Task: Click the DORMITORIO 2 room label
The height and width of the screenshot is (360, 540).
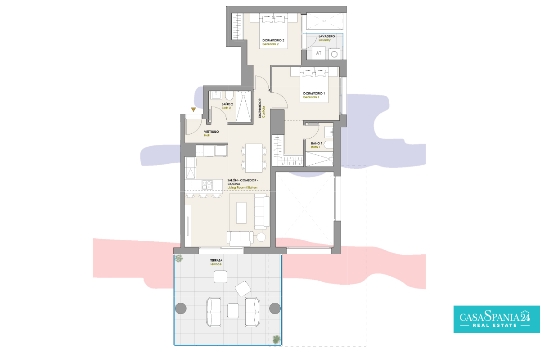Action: (273, 40)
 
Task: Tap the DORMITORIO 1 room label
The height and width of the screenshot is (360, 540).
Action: (314, 93)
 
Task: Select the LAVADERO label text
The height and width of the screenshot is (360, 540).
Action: (327, 36)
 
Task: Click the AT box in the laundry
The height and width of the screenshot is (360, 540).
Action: (319, 53)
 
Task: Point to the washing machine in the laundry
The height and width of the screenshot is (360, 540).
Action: (334, 54)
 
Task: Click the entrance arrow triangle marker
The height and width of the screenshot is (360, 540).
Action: (193, 109)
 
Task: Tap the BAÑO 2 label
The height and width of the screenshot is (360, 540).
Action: (227, 104)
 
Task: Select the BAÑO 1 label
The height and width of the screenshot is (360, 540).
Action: (316, 143)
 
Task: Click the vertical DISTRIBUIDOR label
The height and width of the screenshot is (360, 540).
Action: (260, 108)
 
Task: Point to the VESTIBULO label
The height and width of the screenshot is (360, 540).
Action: (211, 132)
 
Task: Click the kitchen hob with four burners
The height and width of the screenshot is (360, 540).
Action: (207, 185)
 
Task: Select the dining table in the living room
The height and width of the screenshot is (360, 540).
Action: (254, 158)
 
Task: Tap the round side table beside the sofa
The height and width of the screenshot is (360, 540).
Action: (261, 237)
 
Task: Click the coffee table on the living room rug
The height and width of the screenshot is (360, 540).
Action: (241, 213)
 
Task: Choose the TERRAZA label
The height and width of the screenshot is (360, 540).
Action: (216, 261)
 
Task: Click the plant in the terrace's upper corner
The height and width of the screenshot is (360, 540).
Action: (179, 258)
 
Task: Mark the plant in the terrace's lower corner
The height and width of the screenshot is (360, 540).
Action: (276, 339)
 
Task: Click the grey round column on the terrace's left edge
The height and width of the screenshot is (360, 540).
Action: (180, 308)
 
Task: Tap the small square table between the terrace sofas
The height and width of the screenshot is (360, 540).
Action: (233, 310)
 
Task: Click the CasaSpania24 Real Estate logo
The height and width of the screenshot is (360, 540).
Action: (497, 319)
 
